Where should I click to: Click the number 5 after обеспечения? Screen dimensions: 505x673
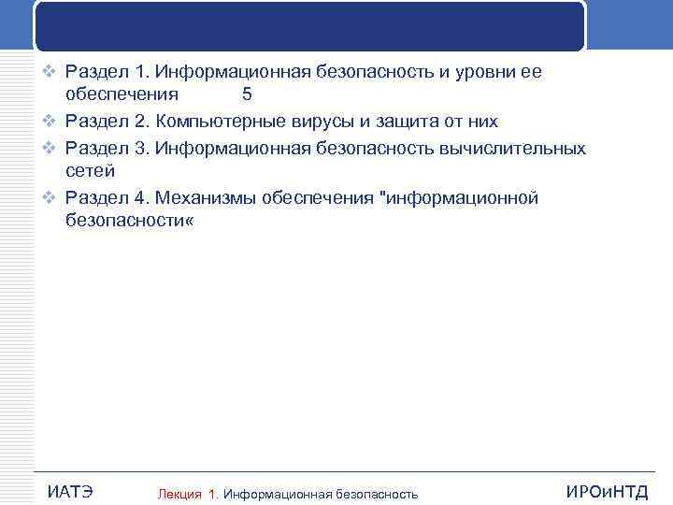click(247, 94)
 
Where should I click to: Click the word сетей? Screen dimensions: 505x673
click(90, 170)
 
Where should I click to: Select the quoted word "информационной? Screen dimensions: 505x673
click(462, 198)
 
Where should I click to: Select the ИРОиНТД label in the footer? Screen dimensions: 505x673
click(607, 492)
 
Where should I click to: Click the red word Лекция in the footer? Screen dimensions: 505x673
click(180, 494)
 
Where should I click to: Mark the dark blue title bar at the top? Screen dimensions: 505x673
click(310, 25)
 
